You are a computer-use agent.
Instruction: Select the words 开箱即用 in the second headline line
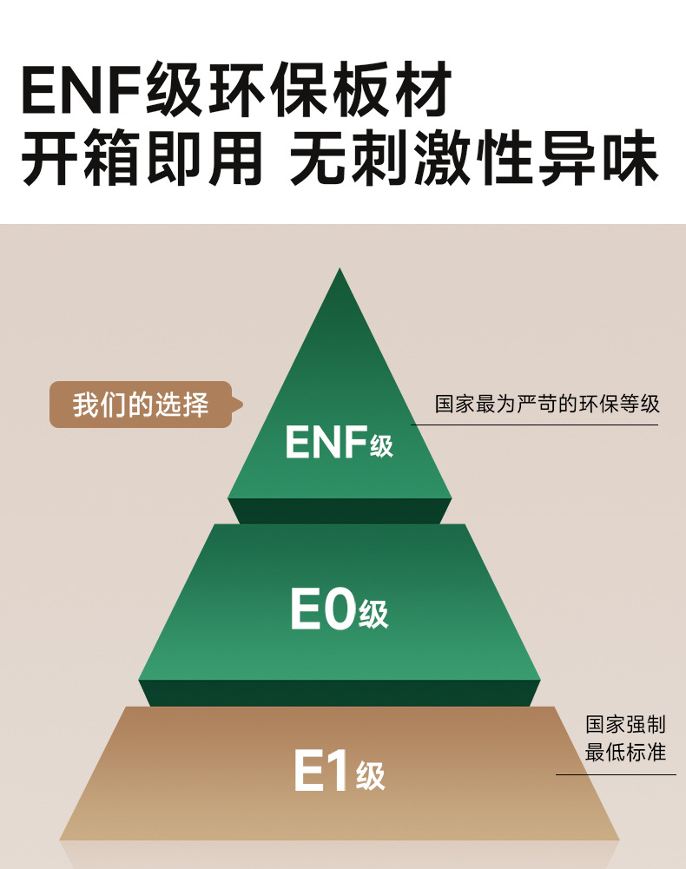click(142, 157)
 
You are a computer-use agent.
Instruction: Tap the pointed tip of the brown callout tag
click(243, 405)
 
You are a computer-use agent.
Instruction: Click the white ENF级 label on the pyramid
click(339, 442)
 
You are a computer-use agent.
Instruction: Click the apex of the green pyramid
click(340, 269)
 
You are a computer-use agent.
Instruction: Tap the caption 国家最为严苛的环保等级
click(547, 404)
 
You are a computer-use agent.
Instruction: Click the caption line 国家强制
click(625, 724)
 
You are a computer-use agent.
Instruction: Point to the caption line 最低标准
click(625, 752)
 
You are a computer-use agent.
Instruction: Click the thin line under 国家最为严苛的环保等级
click(535, 425)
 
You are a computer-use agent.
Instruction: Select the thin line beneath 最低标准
click(617, 774)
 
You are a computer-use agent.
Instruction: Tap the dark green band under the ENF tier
click(340, 511)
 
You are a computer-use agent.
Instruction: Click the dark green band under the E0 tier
click(340, 694)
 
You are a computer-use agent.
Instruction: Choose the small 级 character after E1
click(371, 776)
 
